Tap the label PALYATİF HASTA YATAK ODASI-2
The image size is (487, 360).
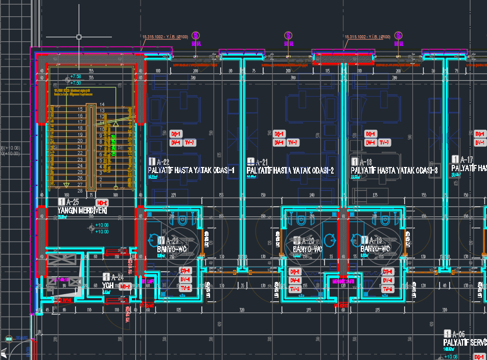click(x=290, y=171)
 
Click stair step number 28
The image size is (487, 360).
click(x=80, y=190)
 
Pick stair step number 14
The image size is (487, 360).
click(x=102, y=104)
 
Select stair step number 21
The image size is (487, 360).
click(x=80, y=147)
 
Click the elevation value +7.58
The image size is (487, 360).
click(x=76, y=77)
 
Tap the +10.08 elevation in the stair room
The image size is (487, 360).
click(x=102, y=225)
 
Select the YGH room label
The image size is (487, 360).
click(x=108, y=285)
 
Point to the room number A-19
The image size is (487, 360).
click(x=375, y=240)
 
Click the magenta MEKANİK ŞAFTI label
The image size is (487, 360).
click(x=343, y=281)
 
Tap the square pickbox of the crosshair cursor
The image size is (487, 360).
click(x=79, y=37)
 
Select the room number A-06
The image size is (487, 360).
click(x=458, y=333)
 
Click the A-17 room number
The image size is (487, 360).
click(x=467, y=159)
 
